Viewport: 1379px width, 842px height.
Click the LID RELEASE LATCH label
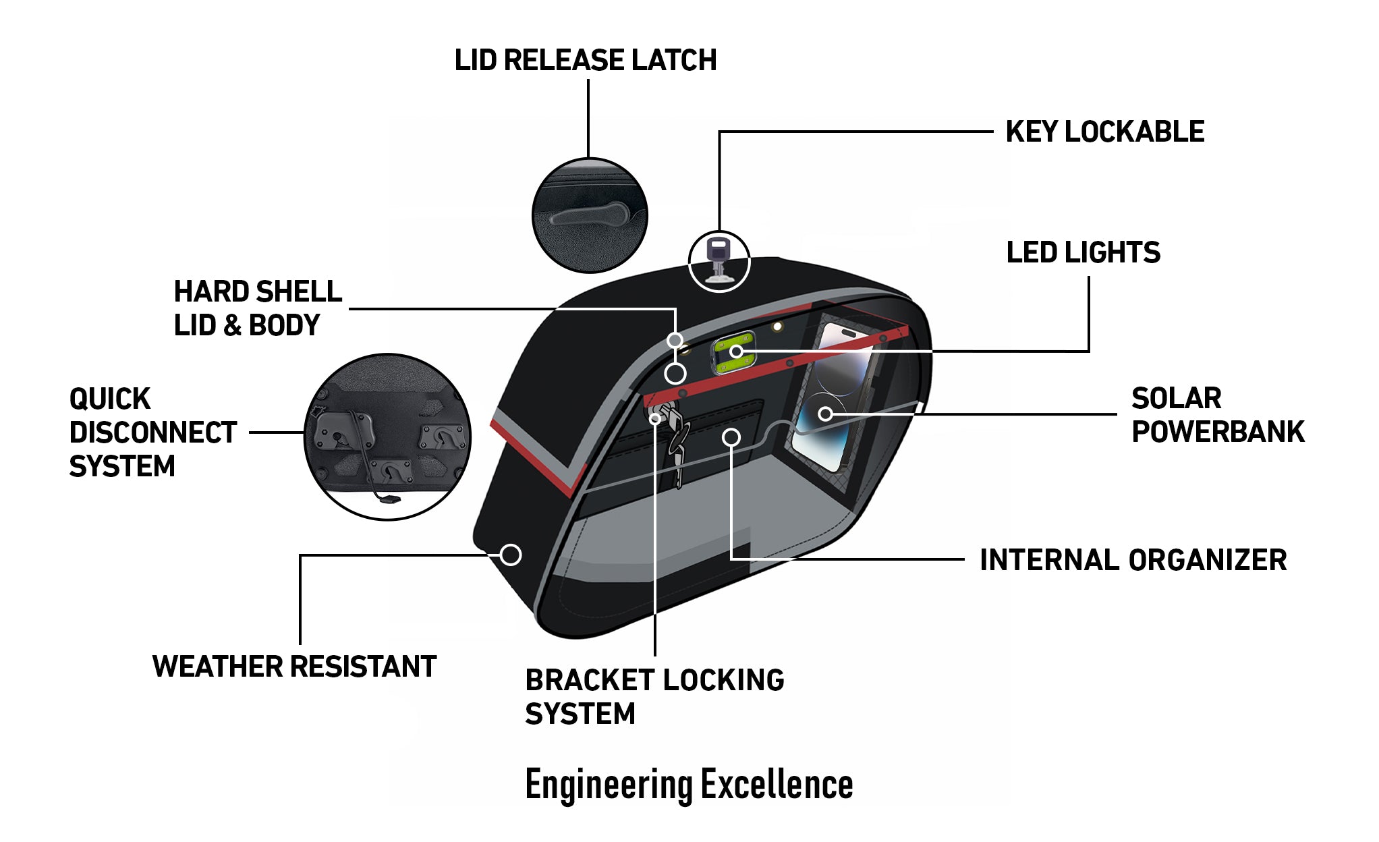coord(585,60)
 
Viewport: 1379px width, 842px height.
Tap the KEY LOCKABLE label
coord(1104,132)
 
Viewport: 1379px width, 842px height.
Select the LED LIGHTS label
coord(1083,253)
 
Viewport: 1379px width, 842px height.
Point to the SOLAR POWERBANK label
coord(1217,415)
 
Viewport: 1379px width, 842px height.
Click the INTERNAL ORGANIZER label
coord(1133,560)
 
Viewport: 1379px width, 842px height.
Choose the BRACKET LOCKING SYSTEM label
coord(654,696)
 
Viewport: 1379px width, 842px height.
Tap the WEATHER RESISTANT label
coord(294,667)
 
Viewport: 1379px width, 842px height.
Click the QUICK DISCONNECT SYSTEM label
coord(152,432)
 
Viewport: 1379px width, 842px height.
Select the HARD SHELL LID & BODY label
coord(258,308)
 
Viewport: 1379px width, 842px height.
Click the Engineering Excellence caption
coord(689,784)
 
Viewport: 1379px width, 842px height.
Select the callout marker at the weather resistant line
coord(511,555)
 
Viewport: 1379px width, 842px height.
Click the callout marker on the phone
coord(825,414)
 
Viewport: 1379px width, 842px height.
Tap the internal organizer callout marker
coord(731,438)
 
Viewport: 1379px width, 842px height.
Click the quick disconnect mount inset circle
coord(387,437)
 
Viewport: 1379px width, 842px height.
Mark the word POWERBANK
coord(1217,432)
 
